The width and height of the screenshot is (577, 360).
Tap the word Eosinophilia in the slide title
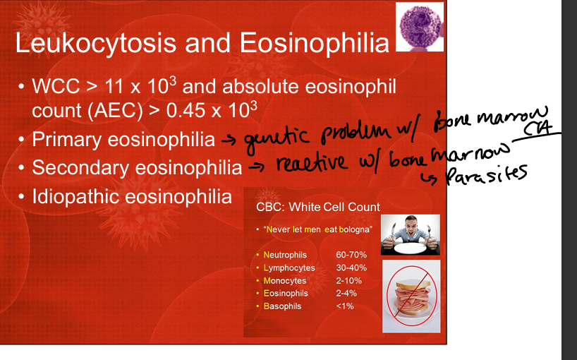pos(315,44)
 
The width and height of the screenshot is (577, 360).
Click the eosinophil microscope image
pos(420,27)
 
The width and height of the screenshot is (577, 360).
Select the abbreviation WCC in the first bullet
pos(56,87)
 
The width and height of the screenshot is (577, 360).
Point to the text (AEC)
pos(115,111)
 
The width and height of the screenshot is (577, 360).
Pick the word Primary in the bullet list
pos(66,140)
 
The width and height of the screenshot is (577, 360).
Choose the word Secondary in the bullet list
pos(80,168)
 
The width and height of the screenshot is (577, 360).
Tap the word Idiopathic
pos(76,197)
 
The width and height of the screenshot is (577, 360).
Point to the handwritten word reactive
pos(311,162)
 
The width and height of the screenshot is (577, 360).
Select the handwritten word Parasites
pos(487,174)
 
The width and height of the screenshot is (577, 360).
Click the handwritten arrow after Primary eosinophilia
pos(229,140)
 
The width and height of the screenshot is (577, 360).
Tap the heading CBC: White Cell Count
pos(318,207)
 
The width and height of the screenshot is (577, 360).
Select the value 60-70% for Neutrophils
pos(351,255)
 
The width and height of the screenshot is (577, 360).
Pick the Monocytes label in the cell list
pos(285,280)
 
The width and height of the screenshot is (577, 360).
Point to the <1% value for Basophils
pos(345,306)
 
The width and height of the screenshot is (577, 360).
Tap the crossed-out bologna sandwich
pos(411,296)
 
